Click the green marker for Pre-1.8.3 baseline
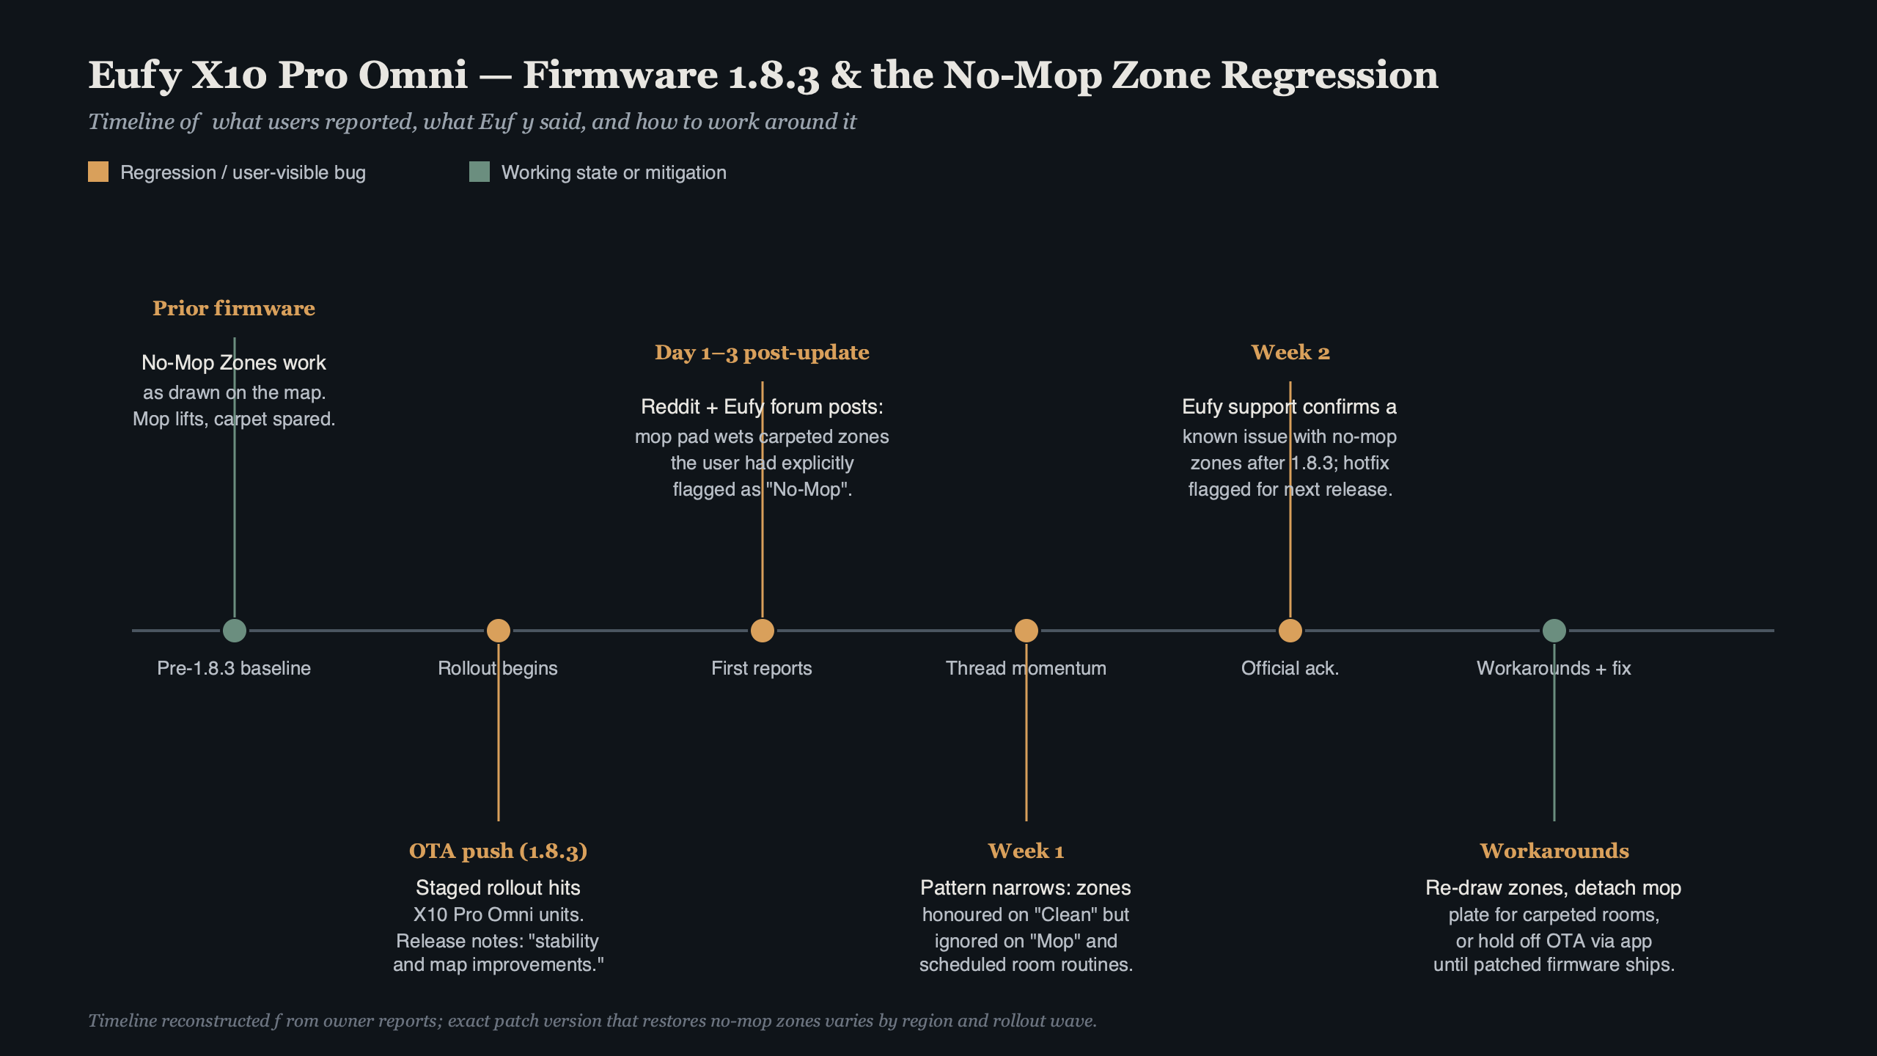pos(234,631)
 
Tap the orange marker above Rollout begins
pos(498,631)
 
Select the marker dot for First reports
pos(762,631)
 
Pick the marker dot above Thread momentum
pos(1026,631)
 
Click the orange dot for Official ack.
pos(1290,631)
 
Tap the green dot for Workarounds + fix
pos(1554,631)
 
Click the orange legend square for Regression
pos(98,172)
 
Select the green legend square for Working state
pos(479,172)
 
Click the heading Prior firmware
pos(233,308)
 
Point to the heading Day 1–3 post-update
pos(762,353)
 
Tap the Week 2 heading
pos(1290,353)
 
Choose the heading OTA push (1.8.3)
pos(498,851)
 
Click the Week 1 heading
pos(1026,851)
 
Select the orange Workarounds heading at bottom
pos(1554,851)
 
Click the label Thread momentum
pos(1026,668)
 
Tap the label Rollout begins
pos(498,668)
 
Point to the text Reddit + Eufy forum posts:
pos(762,406)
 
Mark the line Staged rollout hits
pos(498,887)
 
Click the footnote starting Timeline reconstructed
pos(592,1021)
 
